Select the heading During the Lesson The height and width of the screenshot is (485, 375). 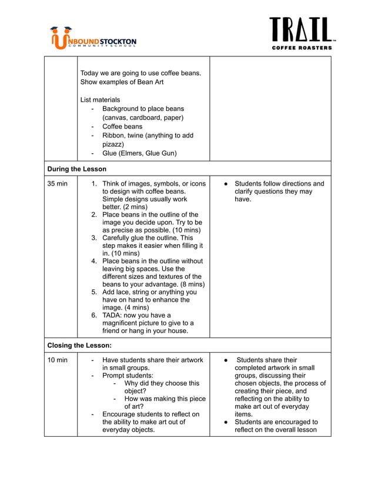(x=76, y=169)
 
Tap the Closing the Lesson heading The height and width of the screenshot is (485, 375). (x=79, y=346)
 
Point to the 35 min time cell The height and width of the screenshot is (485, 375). (x=57, y=184)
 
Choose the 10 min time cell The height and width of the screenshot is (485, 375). (x=57, y=360)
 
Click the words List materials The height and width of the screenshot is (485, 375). (x=100, y=100)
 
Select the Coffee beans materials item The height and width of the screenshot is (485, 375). (x=122, y=126)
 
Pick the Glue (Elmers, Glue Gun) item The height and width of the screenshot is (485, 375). (x=139, y=153)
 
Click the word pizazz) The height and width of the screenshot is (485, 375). (x=113, y=144)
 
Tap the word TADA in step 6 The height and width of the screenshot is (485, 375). (x=113, y=315)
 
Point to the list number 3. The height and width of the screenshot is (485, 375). (x=94, y=238)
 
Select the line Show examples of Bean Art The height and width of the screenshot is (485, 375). (x=122, y=82)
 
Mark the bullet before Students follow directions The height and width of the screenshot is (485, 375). (x=226, y=184)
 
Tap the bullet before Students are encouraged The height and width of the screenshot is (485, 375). (x=226, y=422)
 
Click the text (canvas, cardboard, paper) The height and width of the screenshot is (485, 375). (x=143, y=117)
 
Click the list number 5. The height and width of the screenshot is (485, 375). (x=94, y=292)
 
